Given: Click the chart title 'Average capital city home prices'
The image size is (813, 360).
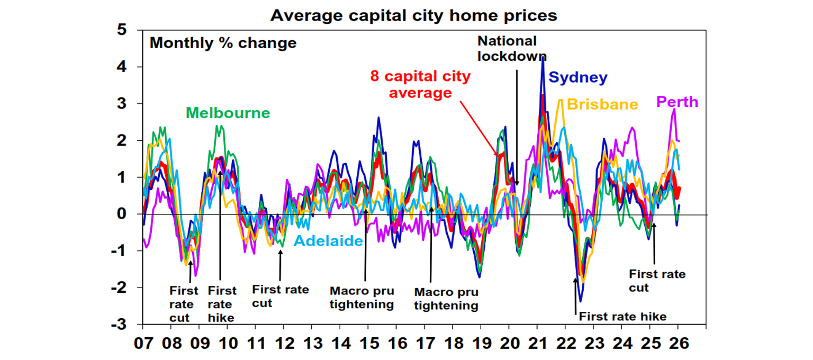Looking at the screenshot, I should (x=413, y=15).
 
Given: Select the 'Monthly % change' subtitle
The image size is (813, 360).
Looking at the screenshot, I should (x=223, y=43).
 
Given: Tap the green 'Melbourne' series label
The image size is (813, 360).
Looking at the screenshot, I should (x=228, y=113).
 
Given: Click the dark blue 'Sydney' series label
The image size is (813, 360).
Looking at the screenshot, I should (x=578, y=78).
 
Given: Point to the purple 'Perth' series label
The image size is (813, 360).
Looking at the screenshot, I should (x=677, y=101).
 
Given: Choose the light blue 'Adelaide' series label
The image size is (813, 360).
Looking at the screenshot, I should (x=328, y=241).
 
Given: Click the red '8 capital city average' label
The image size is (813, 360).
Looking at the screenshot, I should (x=421, y=85).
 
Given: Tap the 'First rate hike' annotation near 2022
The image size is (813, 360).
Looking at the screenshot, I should (x=622, y=317).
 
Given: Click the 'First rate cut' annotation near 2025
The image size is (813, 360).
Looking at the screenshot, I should (x=657, y=281).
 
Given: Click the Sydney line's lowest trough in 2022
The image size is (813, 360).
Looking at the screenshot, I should (x=581, y=301).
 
